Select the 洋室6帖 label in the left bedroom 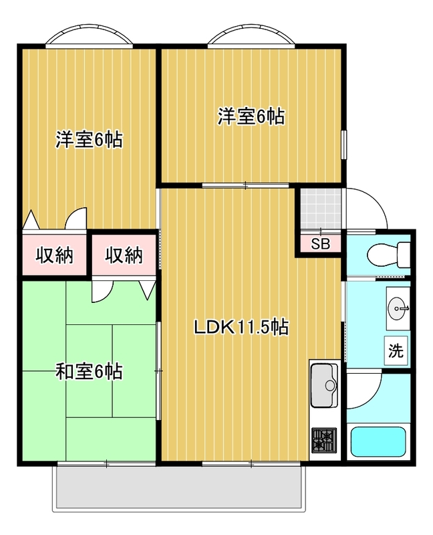click(88, 140)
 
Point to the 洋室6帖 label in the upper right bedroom click(251, 116)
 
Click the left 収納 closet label click(54, 255)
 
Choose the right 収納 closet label click(124, 255)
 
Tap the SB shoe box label click(320, 243)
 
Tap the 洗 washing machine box click(396, 350)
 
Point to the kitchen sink click(325, 385)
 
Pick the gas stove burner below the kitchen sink click(325, 441)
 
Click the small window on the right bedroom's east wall click(345, 144)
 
